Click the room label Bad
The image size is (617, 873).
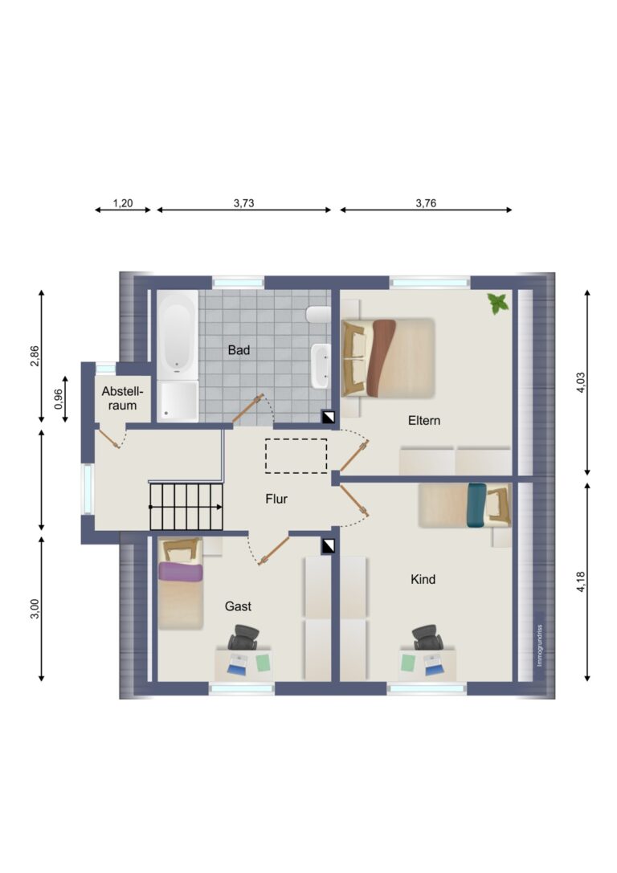pyautogui.click(x=239, y=350)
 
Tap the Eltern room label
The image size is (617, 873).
pyautogui.click(x=423, y=420)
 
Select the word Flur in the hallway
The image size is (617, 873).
pyautogui.click(x=276, y=499)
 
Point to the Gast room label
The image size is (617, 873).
pyautogui.click(x=238, y=606)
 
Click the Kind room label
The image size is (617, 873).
pyautogui.click(x=423, y=580)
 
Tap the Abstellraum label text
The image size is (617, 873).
pyautogui.click(x=122, y=398)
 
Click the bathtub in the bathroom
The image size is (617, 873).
pyautogui.click(x=178, y=335)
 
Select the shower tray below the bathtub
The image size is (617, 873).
pyautogui.click(x=178, y=402)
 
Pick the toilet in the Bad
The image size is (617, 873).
pyautogui.click(x=318, y=315)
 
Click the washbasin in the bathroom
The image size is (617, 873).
pyautogui.click(x=321, y=365)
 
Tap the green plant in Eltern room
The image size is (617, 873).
pyautogui.click(x=498, y=304)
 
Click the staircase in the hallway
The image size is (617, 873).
pyautogui.click(x=186, y=507)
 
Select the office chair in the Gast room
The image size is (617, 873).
pyautogui.click(x=244, y=637)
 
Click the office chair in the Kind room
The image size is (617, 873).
pyautogui.click(x=427, y=637)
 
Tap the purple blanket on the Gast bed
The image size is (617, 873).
pyautogui.click(x=180, y=572)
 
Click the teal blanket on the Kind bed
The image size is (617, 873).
pyautogui.click(x=477, y=505)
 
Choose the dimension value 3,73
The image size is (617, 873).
pyautogui.click(x=244, y=203)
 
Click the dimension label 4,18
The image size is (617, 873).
pyautogui.click(x=581, y=581)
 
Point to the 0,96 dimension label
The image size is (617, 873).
pyautogui.click(x=58, y=398)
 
